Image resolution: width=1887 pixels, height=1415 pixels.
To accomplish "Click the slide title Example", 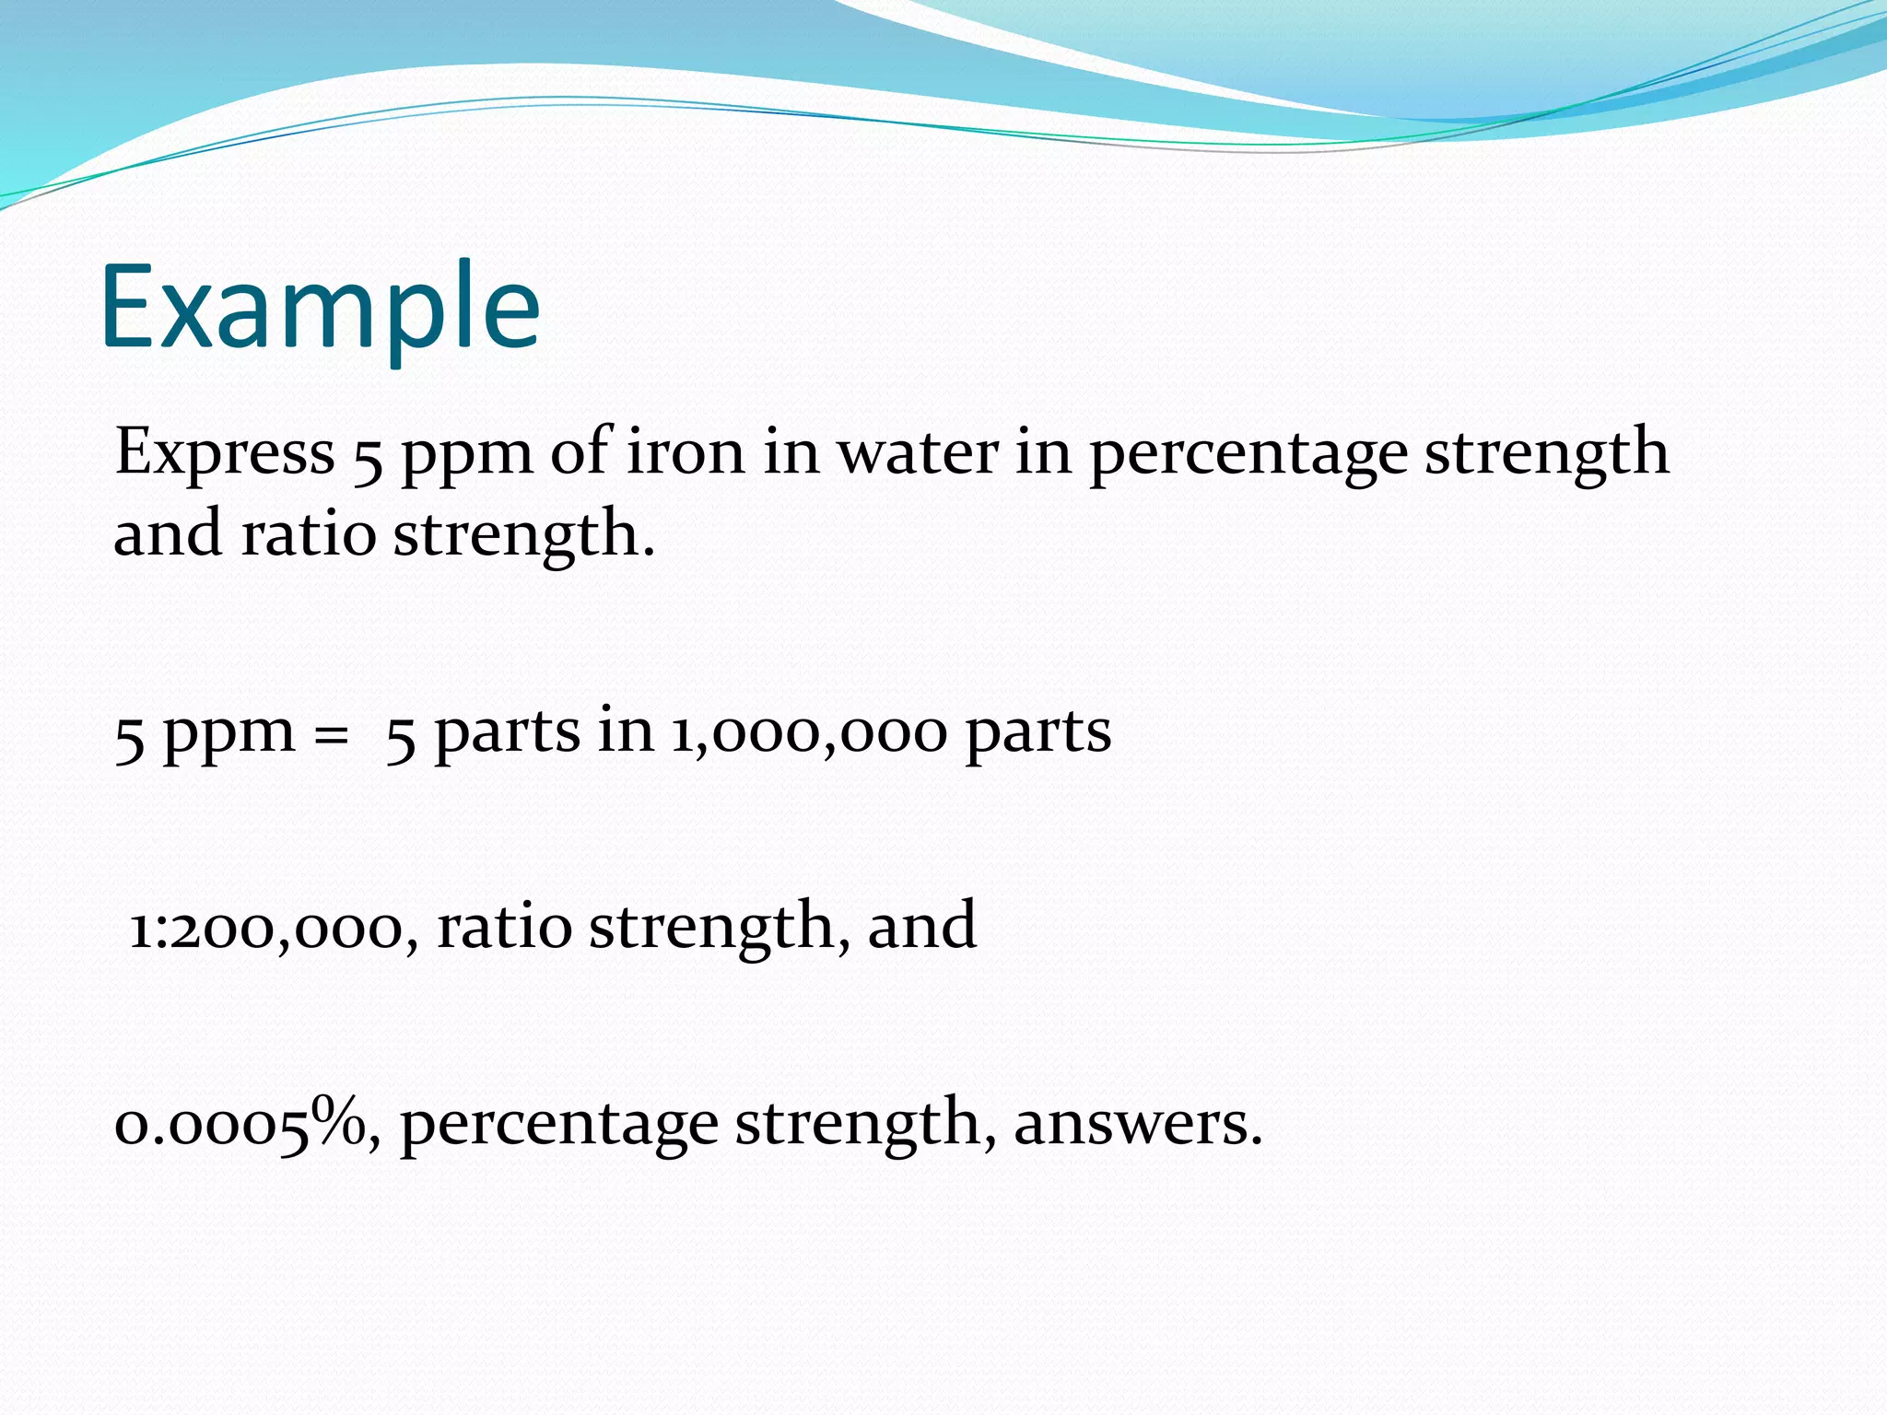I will click(320, 309).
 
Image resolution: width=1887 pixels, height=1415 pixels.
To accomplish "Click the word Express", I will click(225, 452).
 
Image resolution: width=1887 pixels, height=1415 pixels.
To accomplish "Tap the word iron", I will click(686, 452).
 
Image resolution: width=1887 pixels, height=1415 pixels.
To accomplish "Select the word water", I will click(917, 452).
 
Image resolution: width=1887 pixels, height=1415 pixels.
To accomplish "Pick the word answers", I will click(1138, 1124).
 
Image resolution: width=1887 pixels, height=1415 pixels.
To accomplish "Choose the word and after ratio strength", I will click(921, 927).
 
